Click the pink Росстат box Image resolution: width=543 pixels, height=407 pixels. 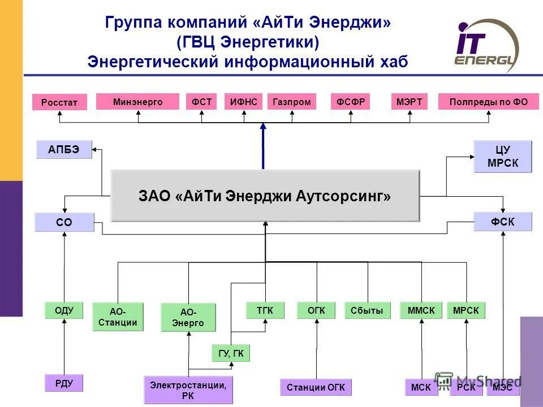click(x=59, y=102)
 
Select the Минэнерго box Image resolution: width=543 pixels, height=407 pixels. click(x=137, y=102)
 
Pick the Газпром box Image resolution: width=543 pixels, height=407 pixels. click(x=291, y=102)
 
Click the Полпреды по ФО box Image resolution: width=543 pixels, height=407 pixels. click(x=488, y=102)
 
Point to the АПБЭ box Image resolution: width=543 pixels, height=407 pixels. click(x=64, y=149)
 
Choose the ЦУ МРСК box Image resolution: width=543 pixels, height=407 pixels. click(x=502, y=157)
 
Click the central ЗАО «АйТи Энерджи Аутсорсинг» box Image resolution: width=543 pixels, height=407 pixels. click(x=265, y=196)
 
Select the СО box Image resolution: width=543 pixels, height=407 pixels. click(x=64, y=222)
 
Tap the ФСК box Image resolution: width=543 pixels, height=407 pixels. click(x=502, y=222)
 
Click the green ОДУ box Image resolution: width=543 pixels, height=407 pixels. click(x=64, y=310)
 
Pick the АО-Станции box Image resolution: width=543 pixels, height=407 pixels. click(x=118, y=317)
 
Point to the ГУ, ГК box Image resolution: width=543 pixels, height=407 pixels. click(x=230, y=353)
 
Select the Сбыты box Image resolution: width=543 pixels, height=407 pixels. click(x=367, y=310)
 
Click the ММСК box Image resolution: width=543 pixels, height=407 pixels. click(x=421, y=310)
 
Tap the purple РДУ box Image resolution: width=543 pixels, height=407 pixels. click(x=64, y=383)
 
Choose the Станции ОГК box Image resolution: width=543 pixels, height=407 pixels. click(x=316, y=387)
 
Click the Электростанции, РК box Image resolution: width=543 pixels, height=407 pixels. click(x=188, y=390)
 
